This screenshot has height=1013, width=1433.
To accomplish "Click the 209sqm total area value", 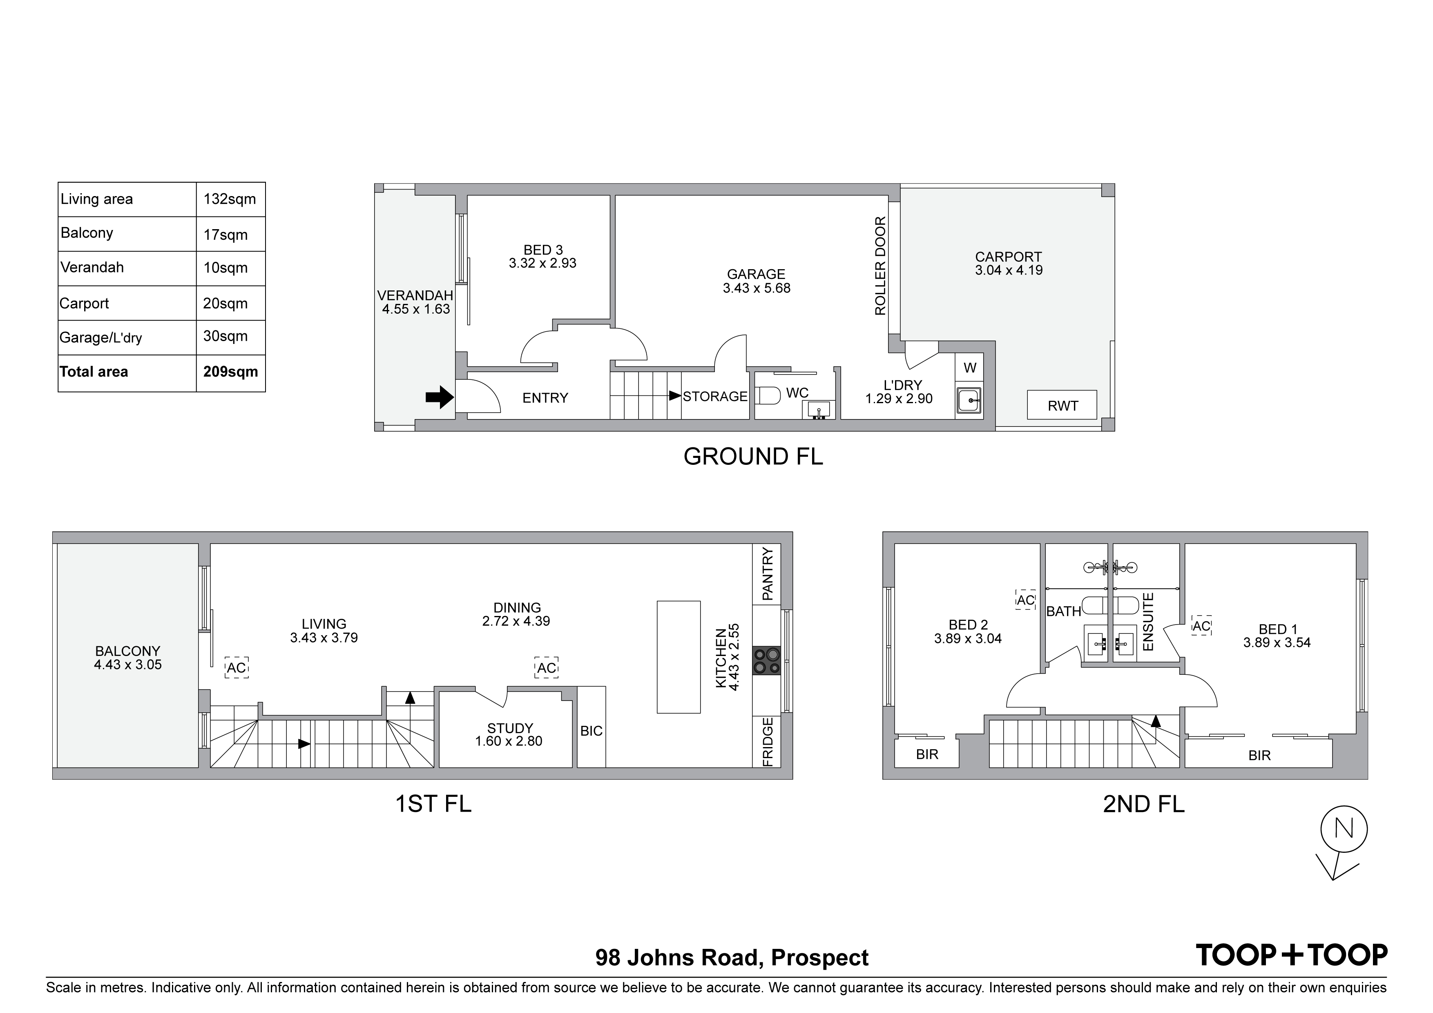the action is (x=230, y=372).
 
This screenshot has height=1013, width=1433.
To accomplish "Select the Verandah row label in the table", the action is (x=92, y=268).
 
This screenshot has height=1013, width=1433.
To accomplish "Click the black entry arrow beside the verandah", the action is (x=440, y=397).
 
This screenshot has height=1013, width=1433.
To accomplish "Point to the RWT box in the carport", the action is (x=1062, y=406).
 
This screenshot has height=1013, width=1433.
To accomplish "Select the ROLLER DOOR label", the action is (x=880, y=266).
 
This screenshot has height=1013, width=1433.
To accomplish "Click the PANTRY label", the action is (x=767, y=574).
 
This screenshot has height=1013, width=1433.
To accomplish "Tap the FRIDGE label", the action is (x=768, y=741).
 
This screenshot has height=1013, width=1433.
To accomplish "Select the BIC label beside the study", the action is (x=591, y=731).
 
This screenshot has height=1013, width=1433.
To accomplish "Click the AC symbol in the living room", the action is (x=237, y=668).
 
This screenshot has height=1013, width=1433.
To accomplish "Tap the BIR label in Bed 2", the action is (x=927, y=754).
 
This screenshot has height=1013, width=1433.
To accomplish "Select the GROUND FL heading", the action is (x=753, y=456).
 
